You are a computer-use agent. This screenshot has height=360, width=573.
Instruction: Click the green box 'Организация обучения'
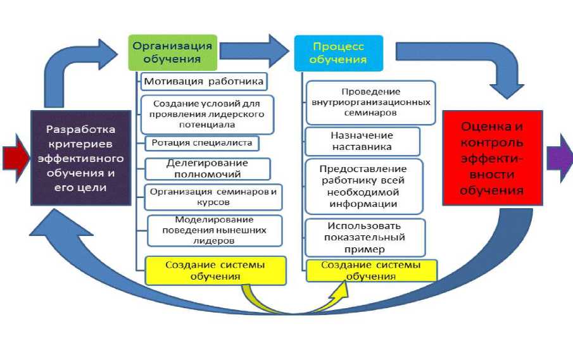(x=172, y=52)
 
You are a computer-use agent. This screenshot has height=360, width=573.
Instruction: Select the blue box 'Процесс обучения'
(x=339, y=53)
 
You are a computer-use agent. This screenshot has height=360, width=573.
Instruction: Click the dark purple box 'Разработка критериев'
(x=80, y=158)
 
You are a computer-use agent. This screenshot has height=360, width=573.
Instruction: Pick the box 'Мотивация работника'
(x=203, y=82)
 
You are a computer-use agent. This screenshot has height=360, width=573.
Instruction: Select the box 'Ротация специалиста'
(x=201, y=142)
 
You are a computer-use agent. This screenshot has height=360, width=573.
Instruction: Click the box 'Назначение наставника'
(x=362, y=141)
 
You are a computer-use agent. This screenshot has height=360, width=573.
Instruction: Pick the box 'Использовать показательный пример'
(x=364, y=237)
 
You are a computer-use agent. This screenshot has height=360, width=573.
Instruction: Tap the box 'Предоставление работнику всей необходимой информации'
(x=363, y=187)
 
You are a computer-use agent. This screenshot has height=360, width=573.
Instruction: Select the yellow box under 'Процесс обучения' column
(x=371, y=270)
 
